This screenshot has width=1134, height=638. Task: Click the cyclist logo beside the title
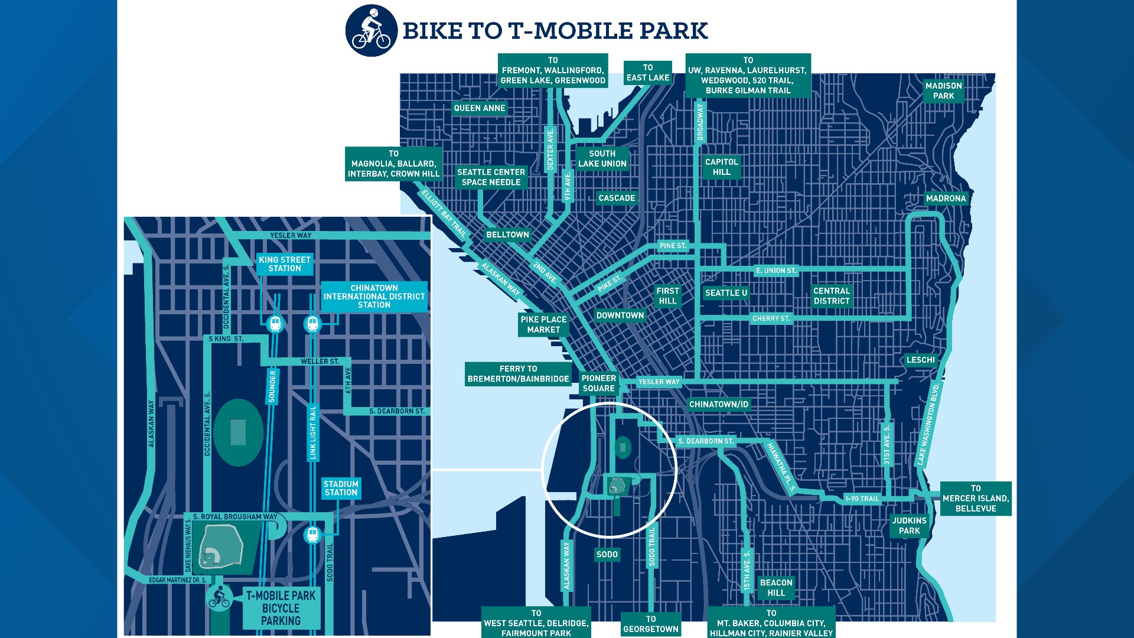pyautogui.click(x=372, y=31)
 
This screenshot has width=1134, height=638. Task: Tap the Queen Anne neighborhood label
pyautogui.click(x=479, y=108)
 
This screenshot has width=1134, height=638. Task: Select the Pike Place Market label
pyautogui.click(x=543, y=324)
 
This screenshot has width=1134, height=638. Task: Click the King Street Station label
pyautogui.click(x=285, y=264)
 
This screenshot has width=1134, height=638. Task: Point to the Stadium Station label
pyautogui.click(x=341, y=488)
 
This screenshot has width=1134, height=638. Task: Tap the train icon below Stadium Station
pyautogui.click(x=312, y=535)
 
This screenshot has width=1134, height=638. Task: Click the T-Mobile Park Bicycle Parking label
pyautogui.click(x=281, y=608)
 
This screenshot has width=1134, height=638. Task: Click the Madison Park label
pyautogui.click(x=943, y=91)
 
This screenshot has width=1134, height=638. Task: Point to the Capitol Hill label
pyautogui.click(x=721, y=167)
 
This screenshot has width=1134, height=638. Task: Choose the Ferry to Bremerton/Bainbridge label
pyautogui.click(x=518, y=373)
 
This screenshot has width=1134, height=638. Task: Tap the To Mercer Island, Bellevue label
pyautogui.click(x=975, y=499)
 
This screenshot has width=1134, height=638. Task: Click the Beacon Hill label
pyautogui.click(x=776, y=588)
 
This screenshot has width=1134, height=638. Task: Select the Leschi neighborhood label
pyautogui.click(x=920, y=360)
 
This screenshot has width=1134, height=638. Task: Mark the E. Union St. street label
pyautogui.click(x=776, y=271)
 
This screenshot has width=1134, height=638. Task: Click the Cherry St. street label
pyautogui.click(x=771, y=318)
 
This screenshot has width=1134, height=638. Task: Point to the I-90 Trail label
pyautogui.click(x=862, y=499)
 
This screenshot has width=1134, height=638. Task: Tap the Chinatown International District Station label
pyautogui.click(x=374, y=297)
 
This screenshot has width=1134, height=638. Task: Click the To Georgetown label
pyautogui.click(x=650, y=624)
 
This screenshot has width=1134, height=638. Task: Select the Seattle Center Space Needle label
pyautogui.click(x=491, y=177)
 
